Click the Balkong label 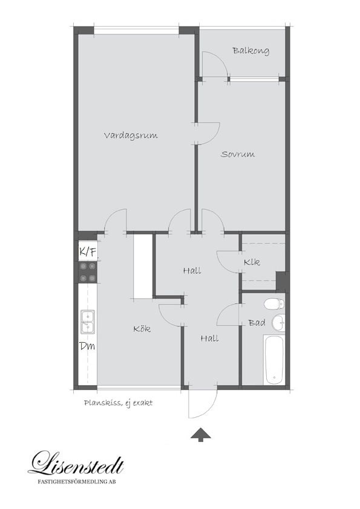click(250, 51)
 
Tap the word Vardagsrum click(131, 135)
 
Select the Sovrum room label click(238, 154)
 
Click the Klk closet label click(252, 262)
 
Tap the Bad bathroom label click(257, 323)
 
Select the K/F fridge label click(88, 252)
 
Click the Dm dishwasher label click(87, 346)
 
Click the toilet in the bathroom click(274, 304)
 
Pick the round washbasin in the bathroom click(278, 323)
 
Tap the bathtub click(274, 360)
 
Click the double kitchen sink click(88, 322)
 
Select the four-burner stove click(88, 272)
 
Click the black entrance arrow click(200, 435)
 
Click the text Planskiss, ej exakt click(118, 403)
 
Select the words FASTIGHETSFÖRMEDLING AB click(77, 482)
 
